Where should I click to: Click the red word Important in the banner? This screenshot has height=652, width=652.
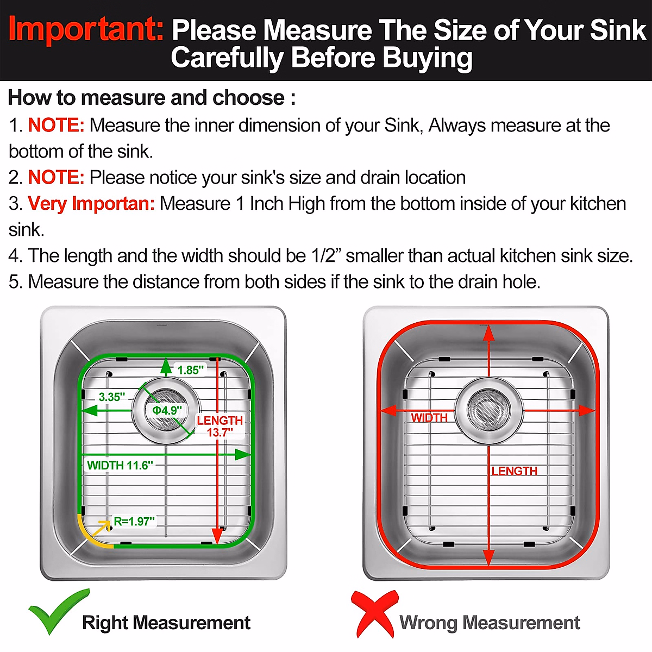(86, 29)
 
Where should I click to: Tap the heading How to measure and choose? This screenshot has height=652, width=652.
(152, 98)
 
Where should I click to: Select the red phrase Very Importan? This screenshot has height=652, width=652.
(91, 204)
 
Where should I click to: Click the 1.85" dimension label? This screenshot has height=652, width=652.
(190, 370)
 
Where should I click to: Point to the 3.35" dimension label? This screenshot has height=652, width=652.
(112, 397)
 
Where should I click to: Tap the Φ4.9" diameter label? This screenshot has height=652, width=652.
(166, 410)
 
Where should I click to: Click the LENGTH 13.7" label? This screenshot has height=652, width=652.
(220, 426)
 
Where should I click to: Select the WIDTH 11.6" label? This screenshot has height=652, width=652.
(120, 466)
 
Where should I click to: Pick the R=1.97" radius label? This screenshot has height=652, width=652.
(134, 522)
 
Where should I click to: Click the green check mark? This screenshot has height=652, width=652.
(58, 612)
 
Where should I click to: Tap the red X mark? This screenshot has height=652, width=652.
(374, 614)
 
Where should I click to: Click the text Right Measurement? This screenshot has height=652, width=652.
(166, 623)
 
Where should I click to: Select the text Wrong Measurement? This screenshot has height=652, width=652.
(490, 623)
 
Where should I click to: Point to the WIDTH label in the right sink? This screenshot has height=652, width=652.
(429, 418)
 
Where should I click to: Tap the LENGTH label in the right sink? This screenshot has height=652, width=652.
(514, 471)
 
